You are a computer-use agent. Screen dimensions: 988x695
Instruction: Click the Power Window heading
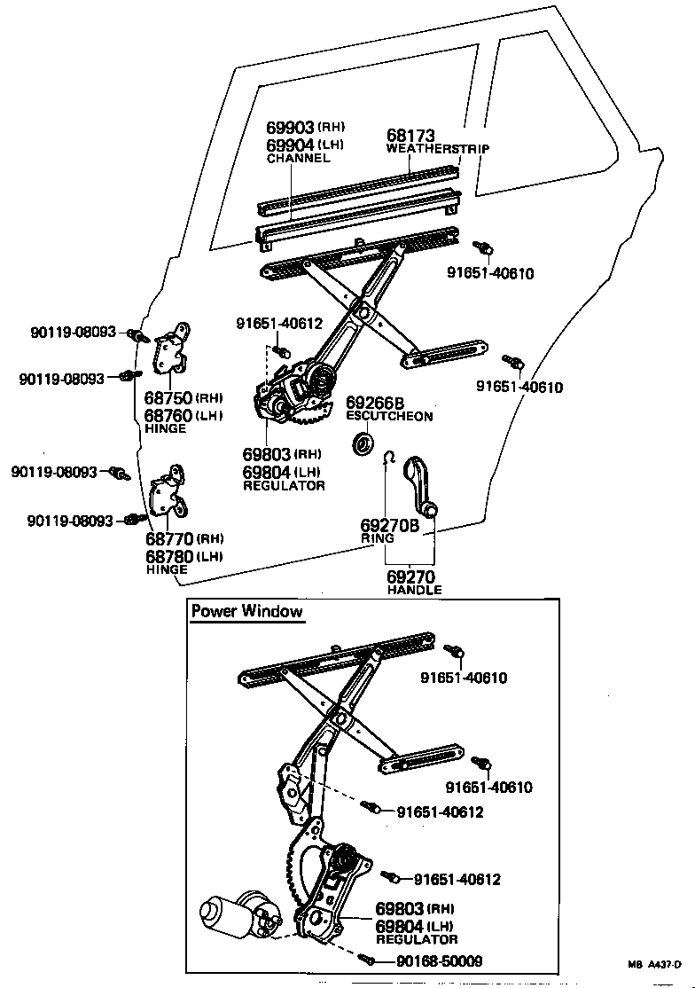point(247,611)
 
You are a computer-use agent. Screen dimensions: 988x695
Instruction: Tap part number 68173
point(410,136)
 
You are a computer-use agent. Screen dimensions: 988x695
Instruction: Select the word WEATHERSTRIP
point(438,149)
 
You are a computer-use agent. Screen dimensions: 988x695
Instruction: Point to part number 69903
point(292,128)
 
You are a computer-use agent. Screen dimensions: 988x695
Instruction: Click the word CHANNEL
point(298,158)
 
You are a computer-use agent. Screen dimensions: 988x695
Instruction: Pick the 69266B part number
point(374,403)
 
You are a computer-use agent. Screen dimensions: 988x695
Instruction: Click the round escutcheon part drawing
point(363,443)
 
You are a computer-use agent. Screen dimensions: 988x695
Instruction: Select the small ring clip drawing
point(387,459)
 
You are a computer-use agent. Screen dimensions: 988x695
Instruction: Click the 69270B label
point(389,524)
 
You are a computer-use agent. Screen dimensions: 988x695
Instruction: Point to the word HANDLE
point(414,590)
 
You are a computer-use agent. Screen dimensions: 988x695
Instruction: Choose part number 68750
point(168,397)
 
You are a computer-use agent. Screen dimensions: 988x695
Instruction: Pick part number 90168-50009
point(428,961)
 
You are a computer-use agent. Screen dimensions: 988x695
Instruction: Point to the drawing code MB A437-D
point(652,965)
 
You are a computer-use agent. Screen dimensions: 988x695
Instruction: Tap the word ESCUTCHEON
point(389,416)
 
